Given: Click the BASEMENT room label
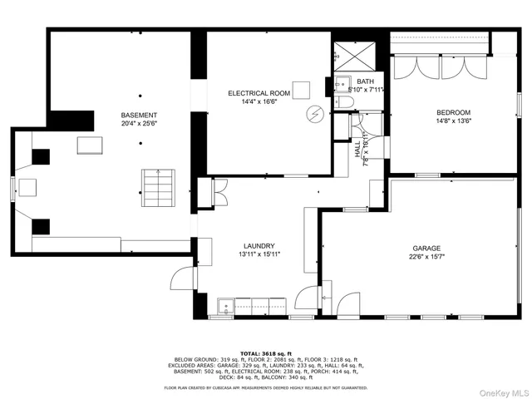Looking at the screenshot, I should point(139,115).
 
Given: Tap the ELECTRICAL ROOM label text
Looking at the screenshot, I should point(259,93).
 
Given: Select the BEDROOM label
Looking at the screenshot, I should point(454,112).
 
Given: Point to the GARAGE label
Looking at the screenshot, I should point(426,248).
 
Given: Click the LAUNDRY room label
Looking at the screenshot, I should point(259,246).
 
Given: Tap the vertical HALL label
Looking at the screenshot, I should point(357,150).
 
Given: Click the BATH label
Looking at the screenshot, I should point(366,81).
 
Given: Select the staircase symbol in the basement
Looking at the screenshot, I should point(151,182).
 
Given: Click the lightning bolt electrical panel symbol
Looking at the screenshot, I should point(315,112).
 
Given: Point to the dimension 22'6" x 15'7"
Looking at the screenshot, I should point(426,257).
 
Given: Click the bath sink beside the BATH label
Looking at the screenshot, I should point(342,83).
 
